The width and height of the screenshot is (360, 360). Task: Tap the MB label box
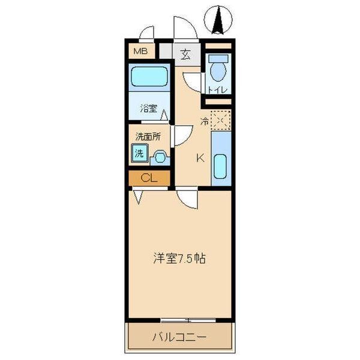[140, 52]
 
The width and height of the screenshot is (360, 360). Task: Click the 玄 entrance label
[185, 55]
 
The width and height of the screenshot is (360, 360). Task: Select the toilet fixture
[217, 68]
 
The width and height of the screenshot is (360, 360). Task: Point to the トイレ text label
[217, 90]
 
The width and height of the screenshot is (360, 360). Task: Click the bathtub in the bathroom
[149, 77]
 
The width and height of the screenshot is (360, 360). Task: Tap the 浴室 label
[149, 109]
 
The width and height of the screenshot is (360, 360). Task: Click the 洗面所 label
[148, 136]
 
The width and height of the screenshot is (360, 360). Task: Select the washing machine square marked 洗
[139, 153]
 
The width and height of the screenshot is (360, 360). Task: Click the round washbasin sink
[160, 158]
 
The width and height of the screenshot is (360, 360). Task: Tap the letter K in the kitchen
[200, 158]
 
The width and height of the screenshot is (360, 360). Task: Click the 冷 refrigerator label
[204, 121]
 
